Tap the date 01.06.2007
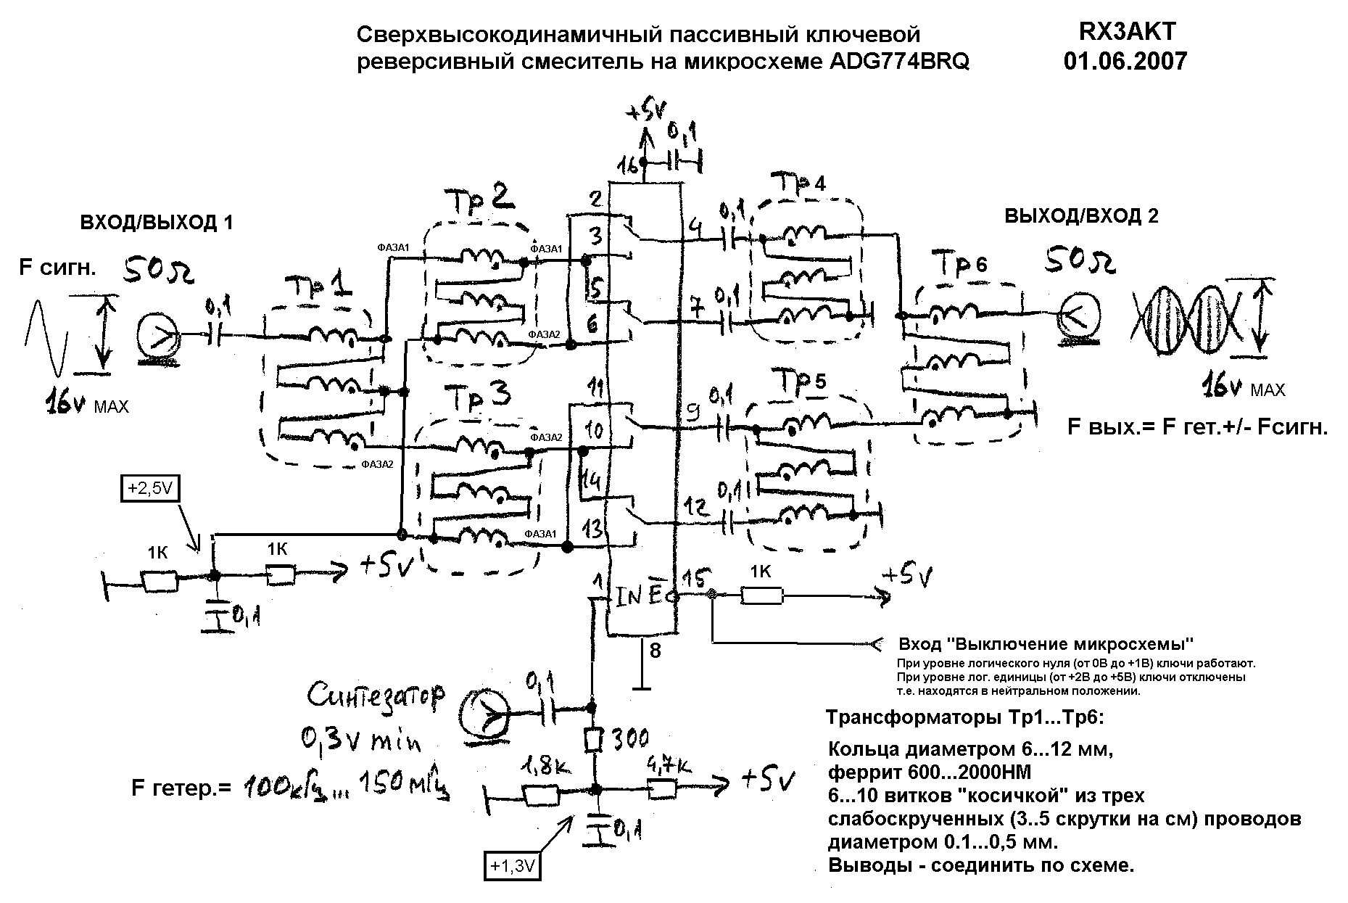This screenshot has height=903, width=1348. click(x=1125, y=61)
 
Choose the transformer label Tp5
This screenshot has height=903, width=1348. click(x=801, y=382)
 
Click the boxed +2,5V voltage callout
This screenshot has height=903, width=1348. click(x=149, y=489)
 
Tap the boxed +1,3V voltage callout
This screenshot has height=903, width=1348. click(x=513, y=865)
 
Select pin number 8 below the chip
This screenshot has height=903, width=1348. click(x=655, y=651)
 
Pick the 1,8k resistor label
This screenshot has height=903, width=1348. click(x=540, y=766)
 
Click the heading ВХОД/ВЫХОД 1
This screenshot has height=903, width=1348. click(x=157, y=223)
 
